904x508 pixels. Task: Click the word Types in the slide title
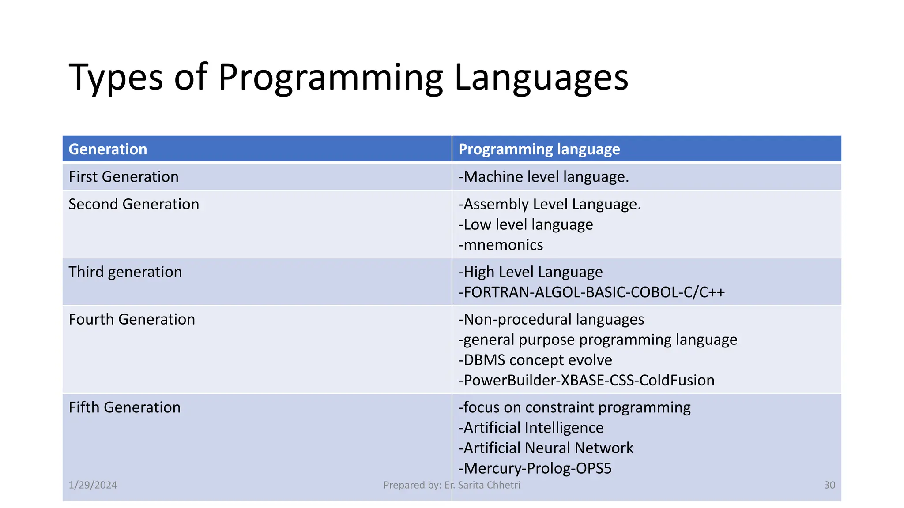(x=116, y=78)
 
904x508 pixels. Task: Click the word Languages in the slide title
(x=541, y=78)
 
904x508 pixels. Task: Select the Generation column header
(x=108, y=149)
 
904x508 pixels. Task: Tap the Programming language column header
(x=539, y=149)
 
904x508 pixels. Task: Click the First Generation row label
(x=124, y=177)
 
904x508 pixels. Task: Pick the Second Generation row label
(x=134, y=204)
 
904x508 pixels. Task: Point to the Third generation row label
(x=125, y=272)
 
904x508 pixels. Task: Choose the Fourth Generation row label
(x=132, y=319)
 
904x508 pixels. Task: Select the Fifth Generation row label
(x=124, y=407)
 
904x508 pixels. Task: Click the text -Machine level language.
(x=543, y=177)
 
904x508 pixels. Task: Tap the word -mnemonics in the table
(x=501, y=245)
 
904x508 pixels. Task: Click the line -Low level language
(x=525, y=224)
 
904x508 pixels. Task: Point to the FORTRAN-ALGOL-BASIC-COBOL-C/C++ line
(x=591, y=292)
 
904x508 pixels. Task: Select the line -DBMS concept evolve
(x=535, y=360)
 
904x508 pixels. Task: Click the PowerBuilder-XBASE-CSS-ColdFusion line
(x=586, y=380)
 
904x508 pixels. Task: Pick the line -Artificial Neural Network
(x=546, y=448)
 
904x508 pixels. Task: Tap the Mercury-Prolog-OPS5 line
(x=535, y=468)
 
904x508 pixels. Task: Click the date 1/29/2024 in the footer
(x=93, y=485)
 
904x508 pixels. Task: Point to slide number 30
(x=829, y=485)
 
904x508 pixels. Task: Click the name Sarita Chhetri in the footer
(x=489, y=485)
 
